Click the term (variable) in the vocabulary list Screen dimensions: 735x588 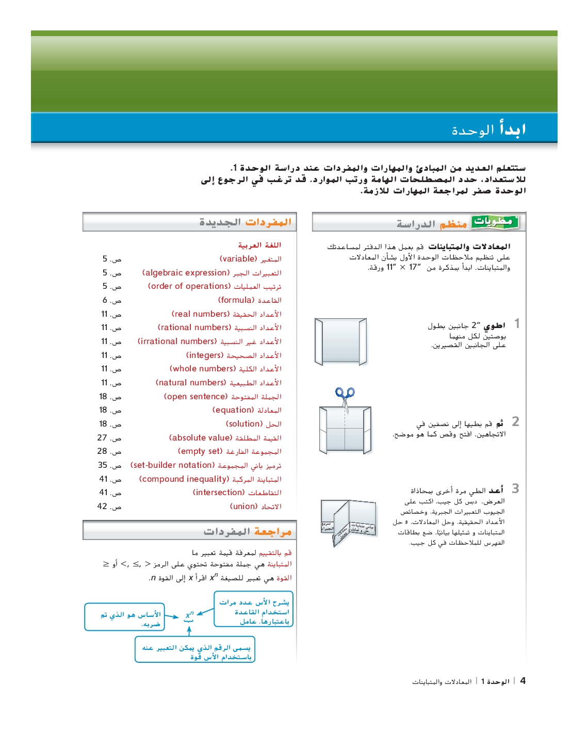click(x=238, y=259)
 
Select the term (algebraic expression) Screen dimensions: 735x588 click(x=186, y=273)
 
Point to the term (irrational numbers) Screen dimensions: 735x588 click(x=177, y=341)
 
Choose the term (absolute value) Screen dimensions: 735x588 click(x=201, y=438)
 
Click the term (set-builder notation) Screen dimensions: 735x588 click(x=172, y=465)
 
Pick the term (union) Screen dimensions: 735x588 click(x=243, y=507)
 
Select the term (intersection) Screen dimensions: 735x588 click(x=219, y=493)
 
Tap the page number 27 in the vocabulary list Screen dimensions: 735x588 click(x=102, y=438)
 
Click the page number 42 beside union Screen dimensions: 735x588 click(x=102, y=507)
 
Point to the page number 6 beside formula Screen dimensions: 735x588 click(x=105, y=300)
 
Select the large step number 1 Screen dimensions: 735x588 click(x=517, y=324)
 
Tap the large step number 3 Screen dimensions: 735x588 click(x=515, y=488)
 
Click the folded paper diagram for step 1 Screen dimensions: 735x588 click(x=341, y=341)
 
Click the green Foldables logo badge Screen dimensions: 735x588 click(x=494, y=222)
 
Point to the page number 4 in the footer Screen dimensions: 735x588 click(x=523, y=681)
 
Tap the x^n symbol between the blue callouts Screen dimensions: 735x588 click(x=189, y=615)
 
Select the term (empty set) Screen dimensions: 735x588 click(x=200, y=451)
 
